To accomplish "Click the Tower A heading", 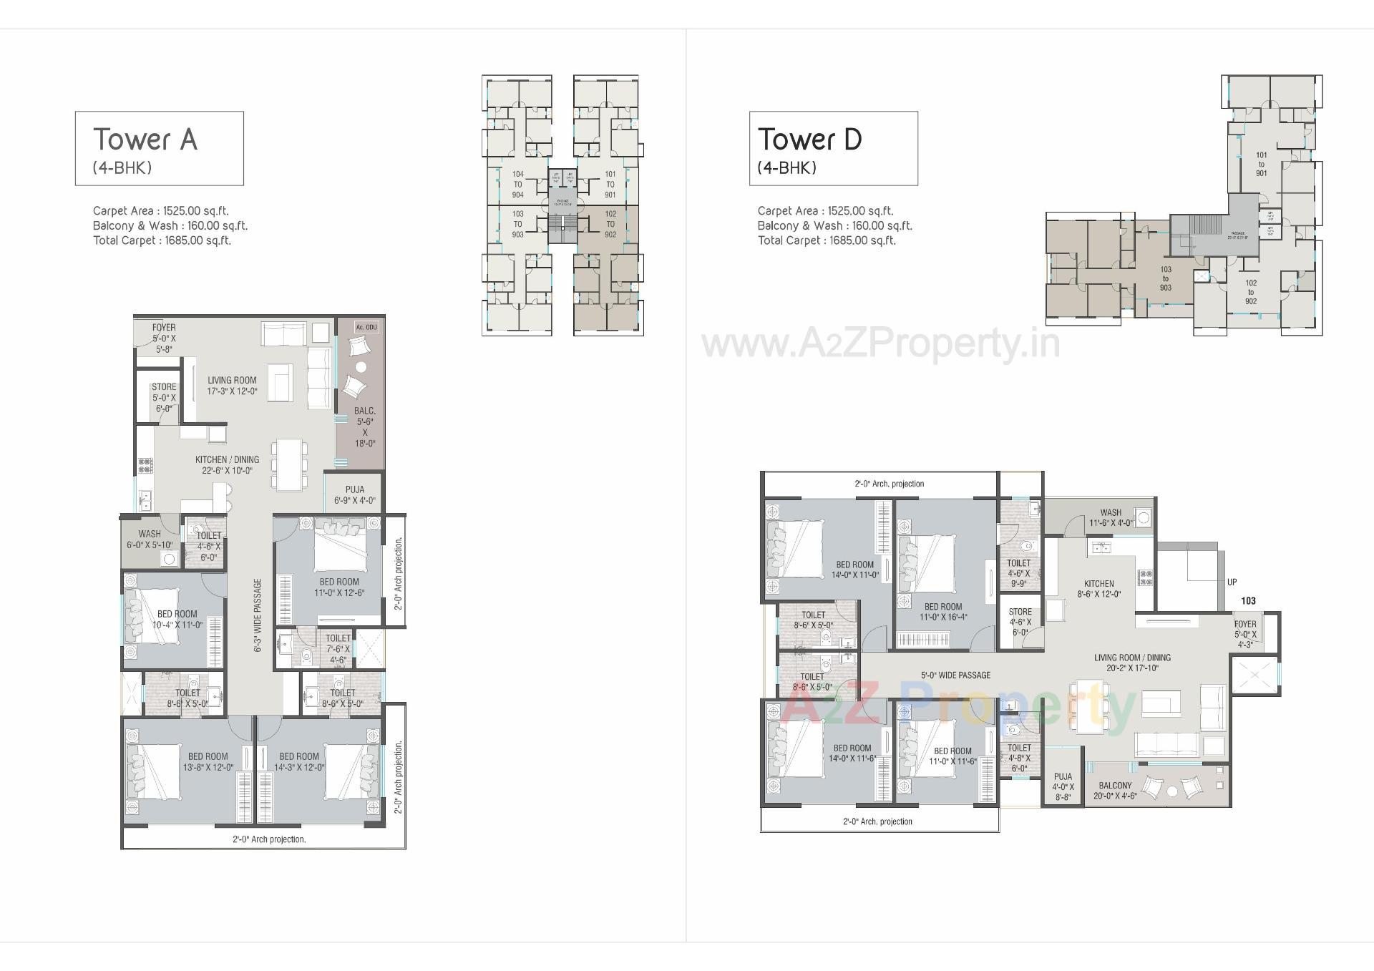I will tap(145, 140).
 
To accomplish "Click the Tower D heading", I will tap(809, 140).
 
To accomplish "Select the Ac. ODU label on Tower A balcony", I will tap(366, 328).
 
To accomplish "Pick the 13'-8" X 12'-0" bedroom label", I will tap(208, 761).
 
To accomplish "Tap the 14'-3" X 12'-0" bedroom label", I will tap(299, 761).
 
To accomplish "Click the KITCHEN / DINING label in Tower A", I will tap(227, 464).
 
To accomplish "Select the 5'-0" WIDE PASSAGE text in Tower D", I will tap(955, 675).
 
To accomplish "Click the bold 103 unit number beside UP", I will tap(1248, 601).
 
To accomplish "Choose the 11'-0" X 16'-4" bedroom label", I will tap(942, 612).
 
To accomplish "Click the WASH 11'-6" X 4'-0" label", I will tap(1111, 517).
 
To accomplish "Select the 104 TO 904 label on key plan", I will tap(517, 185).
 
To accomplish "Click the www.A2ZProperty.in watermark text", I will tap(880, 344).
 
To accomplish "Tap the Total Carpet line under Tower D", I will tap(827, 240).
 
